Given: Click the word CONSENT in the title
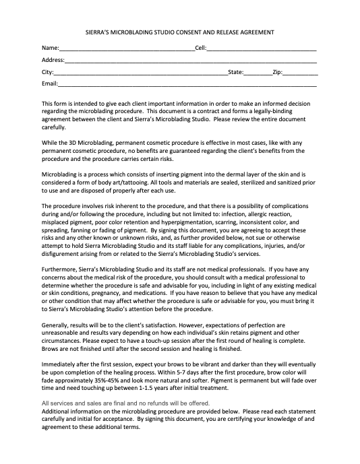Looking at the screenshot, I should (x=200, y=32).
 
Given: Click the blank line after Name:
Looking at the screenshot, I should (x=126, y=50).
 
